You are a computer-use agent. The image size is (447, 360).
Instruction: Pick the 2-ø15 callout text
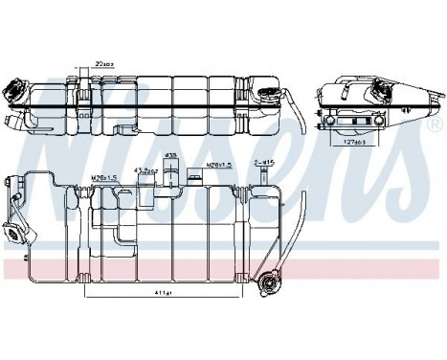tap(264, 164)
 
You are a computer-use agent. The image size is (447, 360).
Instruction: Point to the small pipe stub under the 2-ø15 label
tap(260, 178)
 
